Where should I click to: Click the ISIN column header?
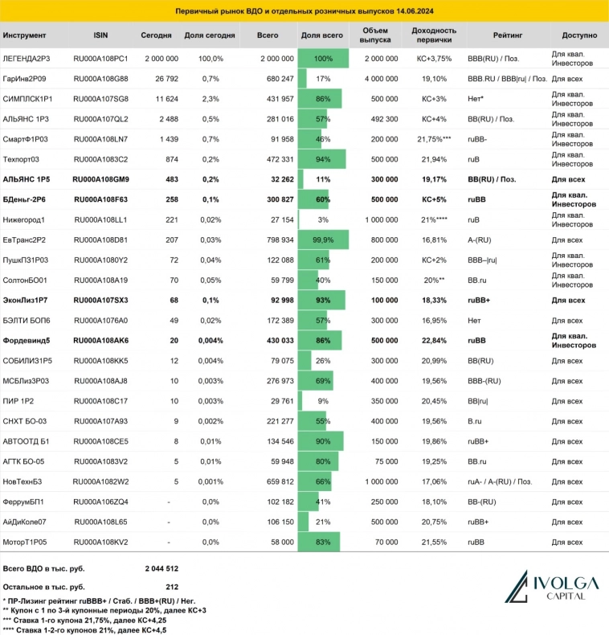click(100, 36)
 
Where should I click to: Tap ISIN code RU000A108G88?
click(100, 79)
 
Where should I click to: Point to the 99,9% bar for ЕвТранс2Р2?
click(323, 240)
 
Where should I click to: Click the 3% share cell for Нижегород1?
click(323, 219)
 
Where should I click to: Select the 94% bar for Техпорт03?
click(323, 159)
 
